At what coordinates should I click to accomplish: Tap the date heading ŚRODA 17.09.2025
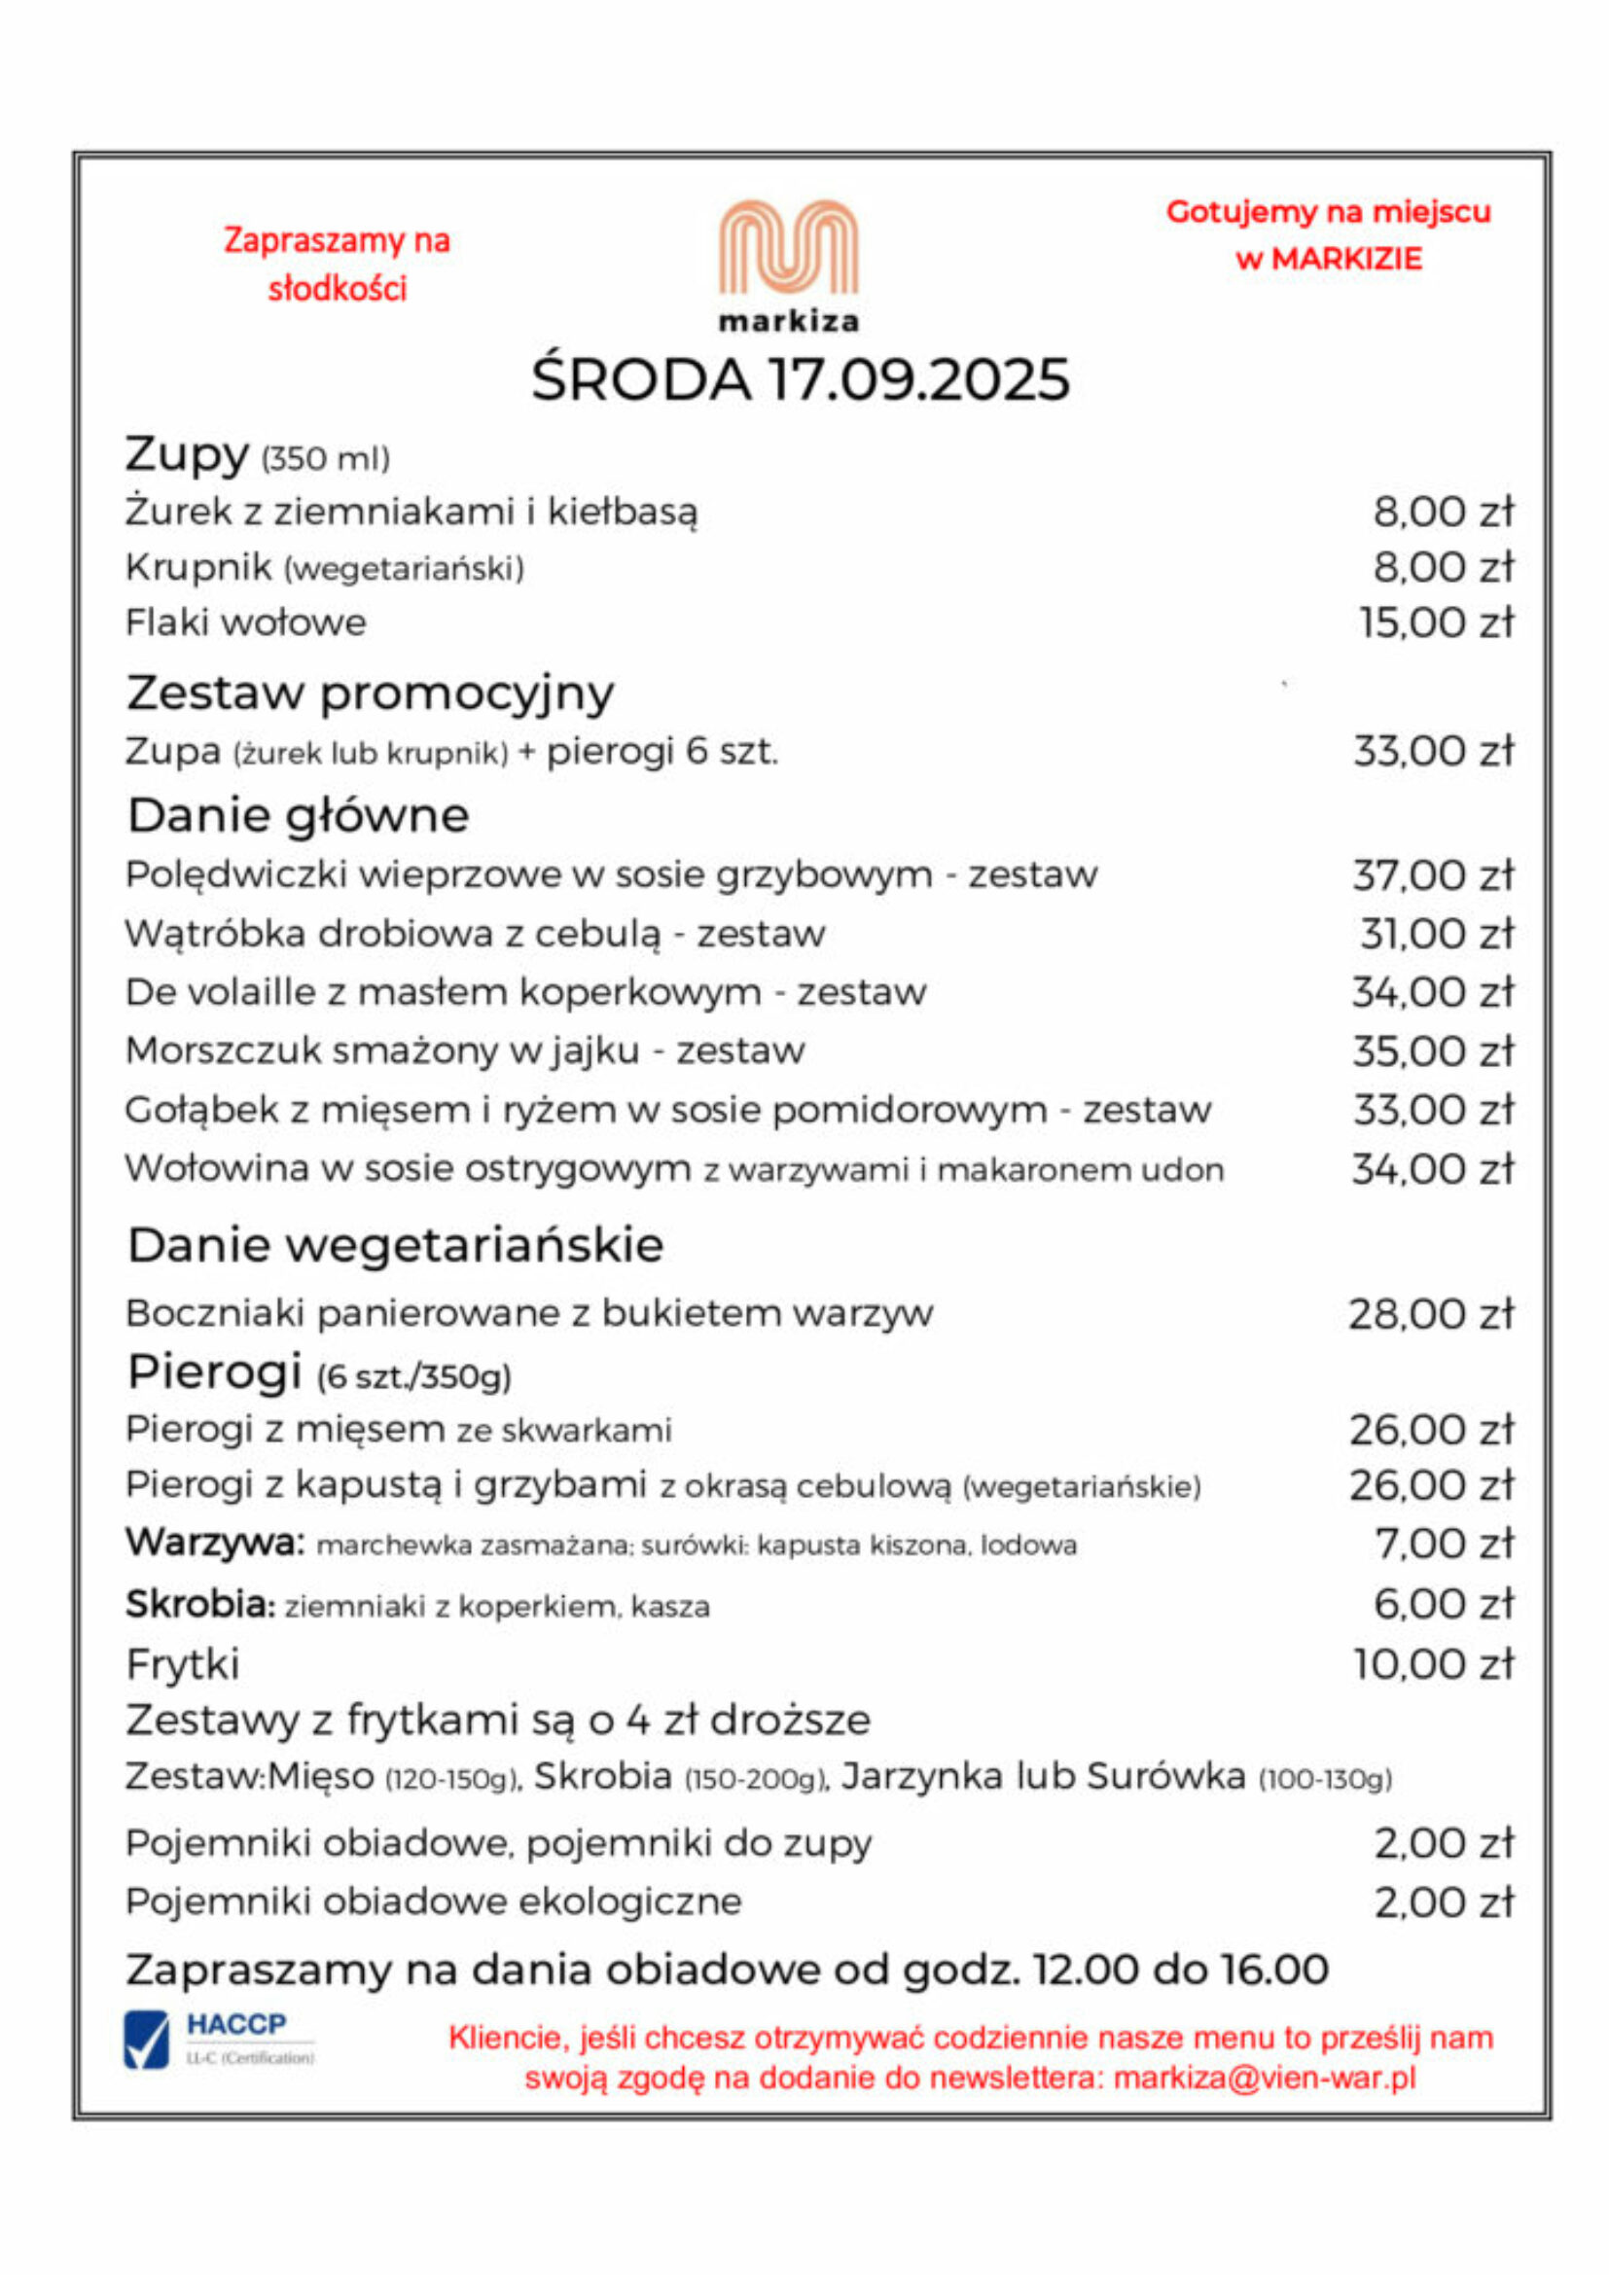pyautogui.click(x=801, y=379)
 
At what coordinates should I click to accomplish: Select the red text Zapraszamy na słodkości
pyautogui.click(x=337, y=264)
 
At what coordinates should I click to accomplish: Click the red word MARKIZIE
pyautogui.click(x=1346, y=260)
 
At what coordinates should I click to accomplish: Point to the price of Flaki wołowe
pyautogui.click(x=1437, y=623)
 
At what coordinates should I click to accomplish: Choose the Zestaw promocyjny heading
pyautogui.click(x=371, y=693)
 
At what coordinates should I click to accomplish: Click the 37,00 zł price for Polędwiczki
pyautogui.click(x=1434, y=876)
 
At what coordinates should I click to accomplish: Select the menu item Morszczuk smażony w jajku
pyautogui.click(x=465, y=1051)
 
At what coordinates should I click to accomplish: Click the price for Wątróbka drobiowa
pyautogui.click(x=1437, y=935)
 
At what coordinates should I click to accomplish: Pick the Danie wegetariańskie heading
pyautogui.click(x=395, y=1246)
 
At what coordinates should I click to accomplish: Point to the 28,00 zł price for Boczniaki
pyautogui.click(x=1432, y=1315)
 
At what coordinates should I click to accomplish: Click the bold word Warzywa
pyautogui.click(x=214, y=1543)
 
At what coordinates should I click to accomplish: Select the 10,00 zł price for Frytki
pyautogui.click(x=1434, y=1663)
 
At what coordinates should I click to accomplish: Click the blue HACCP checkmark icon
pyautogui.click(x=147, y=2041)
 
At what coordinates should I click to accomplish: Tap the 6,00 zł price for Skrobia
pyautogui.click(x=1444, y=1603)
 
